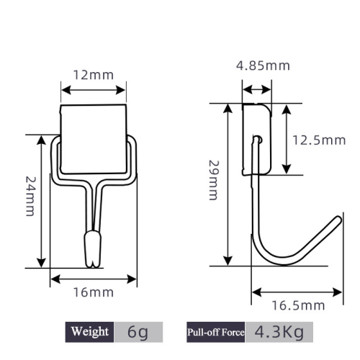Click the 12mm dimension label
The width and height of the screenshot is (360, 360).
(94, 75)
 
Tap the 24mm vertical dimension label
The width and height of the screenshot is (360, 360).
(31, 197)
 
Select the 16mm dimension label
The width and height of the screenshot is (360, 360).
(94, 292)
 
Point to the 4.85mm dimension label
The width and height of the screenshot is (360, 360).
(263, 66)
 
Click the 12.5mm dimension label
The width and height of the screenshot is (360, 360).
(319, 140)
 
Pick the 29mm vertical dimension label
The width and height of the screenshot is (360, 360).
(213, 180)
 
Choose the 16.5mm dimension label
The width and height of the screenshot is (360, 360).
(298, 305)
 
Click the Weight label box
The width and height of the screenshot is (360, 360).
(89, 332)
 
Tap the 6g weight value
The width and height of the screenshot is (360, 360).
(138, 332)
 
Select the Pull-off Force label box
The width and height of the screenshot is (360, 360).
(216, 332)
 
